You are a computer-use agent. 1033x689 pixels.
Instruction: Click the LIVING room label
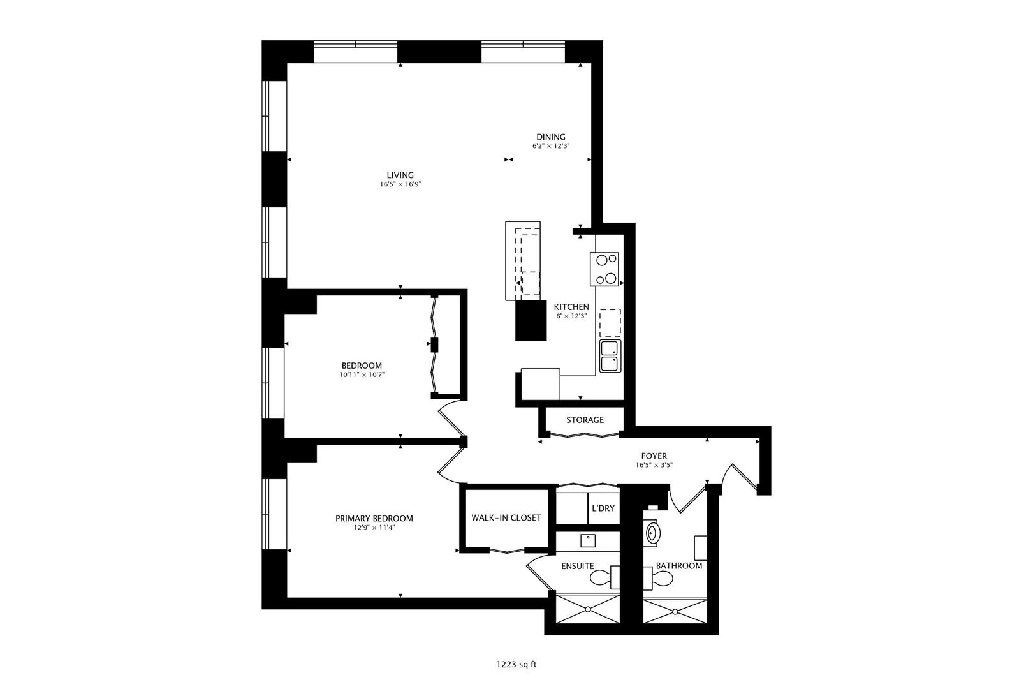[400, 175]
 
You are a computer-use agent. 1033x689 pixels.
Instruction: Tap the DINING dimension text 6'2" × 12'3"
[551, 146]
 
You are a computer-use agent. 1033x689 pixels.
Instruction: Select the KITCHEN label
[571, 307]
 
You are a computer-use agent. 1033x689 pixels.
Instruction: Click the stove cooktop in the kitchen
[604, 269]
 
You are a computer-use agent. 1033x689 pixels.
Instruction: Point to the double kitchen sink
[610, 356]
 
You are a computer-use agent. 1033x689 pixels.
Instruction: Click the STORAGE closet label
[585, 420]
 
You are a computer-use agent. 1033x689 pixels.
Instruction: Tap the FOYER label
[654, 456]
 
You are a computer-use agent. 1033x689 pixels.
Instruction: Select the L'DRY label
[603, 508]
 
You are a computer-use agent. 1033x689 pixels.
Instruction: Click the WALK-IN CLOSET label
[506, 517]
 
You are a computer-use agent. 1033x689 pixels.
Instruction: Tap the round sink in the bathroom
[653, 533]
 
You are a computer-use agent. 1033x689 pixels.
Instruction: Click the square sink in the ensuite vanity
[587, 540]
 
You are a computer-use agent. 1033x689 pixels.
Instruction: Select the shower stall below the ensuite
[587, 610]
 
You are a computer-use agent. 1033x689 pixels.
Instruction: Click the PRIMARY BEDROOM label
[374, 519]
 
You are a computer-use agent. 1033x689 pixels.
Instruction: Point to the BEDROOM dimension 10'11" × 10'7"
[362, 375]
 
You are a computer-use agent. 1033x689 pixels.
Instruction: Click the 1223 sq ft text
[516, 664]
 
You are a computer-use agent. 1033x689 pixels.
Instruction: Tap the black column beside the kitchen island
[531, 320]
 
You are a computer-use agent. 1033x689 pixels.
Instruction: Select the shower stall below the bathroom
[675, 611]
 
